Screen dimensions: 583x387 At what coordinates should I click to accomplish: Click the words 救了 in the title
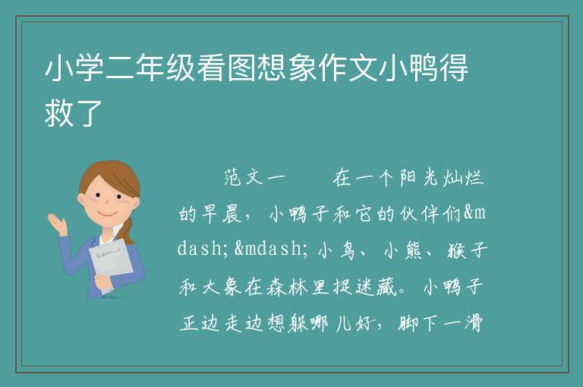(x=74, y=112)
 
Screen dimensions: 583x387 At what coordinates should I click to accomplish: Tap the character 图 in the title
(x=241, y=68)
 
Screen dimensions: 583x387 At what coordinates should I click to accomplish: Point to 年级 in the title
(x=165, y=68)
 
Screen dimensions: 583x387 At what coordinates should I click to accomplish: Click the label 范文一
(x=255, y=178)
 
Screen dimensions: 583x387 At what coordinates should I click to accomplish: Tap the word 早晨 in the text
(x=222, y=214)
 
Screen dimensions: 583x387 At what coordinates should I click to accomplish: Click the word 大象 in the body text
(x=222, y=287)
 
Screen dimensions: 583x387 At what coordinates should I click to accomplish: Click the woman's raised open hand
(x=57, y=223)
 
